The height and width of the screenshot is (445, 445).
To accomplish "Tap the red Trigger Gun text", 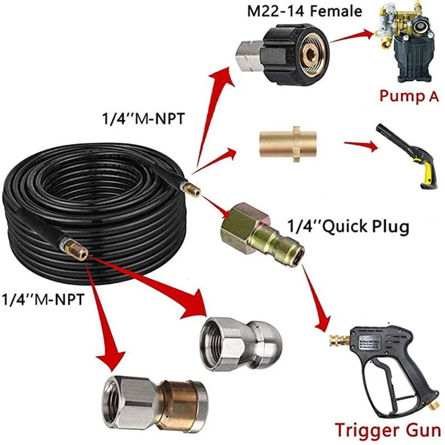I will tap(388, 429).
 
